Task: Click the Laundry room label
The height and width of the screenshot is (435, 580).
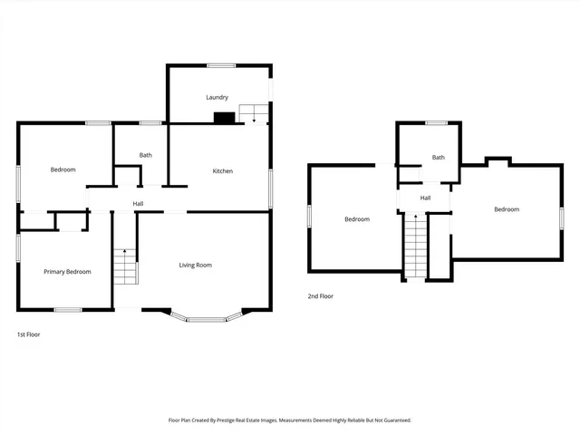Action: point(217,97)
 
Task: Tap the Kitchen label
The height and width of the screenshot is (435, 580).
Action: point(223,171)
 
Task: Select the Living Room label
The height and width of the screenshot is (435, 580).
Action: point(195,265)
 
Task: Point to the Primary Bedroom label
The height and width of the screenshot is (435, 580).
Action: point(67,272)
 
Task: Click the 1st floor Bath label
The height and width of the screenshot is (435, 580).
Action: point(145,155)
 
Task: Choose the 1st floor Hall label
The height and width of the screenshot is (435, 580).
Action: point(138,203)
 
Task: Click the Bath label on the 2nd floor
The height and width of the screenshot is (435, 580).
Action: point(438,157)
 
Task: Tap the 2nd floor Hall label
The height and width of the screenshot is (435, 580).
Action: point(424,198)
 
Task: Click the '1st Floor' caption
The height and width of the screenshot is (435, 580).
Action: point(28,334)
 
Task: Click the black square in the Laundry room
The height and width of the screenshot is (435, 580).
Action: point(221,117)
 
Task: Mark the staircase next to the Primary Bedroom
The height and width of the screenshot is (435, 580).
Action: point(124,266)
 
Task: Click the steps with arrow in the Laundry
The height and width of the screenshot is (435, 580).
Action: point(253,113)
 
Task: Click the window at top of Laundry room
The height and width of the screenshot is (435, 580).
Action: point(221,64)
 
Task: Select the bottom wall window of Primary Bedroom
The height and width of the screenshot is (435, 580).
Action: point(68,310)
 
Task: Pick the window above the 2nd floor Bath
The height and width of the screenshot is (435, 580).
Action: point(437,122)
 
